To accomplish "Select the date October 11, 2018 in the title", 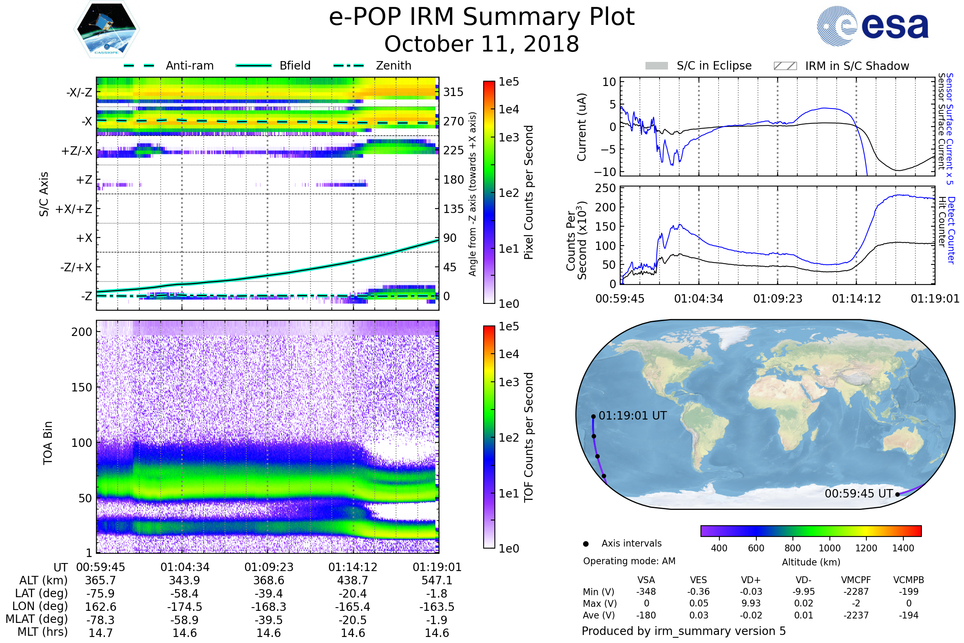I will point(482,44).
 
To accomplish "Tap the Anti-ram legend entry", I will point(189,66).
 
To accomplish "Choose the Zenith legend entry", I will point(393,66).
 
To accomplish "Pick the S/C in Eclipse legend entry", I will point(714,66).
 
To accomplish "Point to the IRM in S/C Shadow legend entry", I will point(857,66).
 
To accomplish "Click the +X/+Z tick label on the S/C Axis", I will point(74,209).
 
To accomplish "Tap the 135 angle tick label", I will point(453,209).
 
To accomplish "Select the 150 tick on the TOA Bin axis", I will point(82,387).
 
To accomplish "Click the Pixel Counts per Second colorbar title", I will point(529,192).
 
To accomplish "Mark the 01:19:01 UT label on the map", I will point(632,416).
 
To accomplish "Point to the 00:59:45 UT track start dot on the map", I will point(897,495).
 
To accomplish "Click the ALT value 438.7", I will point(353,581).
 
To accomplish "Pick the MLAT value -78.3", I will point(101,620).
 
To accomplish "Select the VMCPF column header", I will point(856,580).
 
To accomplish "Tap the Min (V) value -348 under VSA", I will point(646,592).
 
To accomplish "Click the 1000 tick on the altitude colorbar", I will point(829,548).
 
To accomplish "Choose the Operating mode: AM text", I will point(629,561).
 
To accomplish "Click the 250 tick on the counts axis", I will point(605,188).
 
